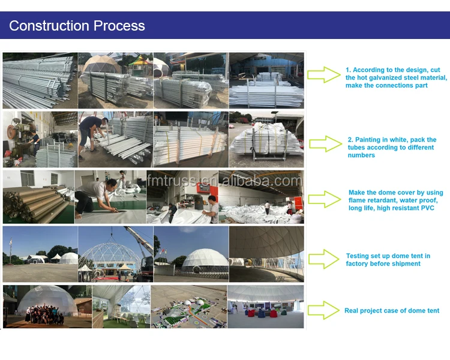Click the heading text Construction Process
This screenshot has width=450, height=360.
77,26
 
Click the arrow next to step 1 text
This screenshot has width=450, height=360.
323,75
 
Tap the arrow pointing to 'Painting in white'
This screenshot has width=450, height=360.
325,143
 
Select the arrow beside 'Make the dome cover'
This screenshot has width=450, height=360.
324,199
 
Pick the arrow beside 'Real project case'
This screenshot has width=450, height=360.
323,310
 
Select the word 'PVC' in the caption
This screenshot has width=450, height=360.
426,208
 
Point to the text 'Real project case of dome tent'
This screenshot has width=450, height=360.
392,311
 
